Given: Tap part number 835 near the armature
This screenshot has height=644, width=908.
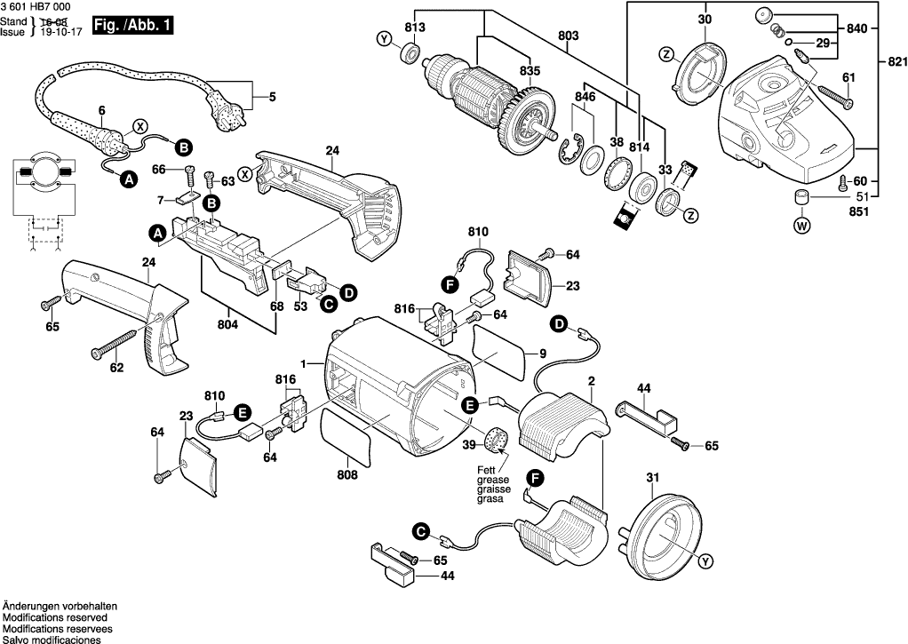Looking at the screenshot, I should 530,71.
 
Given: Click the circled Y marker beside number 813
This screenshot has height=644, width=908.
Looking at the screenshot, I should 384,39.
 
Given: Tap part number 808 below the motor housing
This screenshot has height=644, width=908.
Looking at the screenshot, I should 346,475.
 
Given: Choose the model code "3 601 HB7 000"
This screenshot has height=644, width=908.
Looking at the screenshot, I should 38,6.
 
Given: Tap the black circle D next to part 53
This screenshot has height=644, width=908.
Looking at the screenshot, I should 347,292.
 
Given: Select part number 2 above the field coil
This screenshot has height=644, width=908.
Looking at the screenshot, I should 591,382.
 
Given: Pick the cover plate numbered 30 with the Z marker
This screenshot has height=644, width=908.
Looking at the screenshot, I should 700,70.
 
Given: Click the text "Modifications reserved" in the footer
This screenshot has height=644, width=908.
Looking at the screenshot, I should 55,617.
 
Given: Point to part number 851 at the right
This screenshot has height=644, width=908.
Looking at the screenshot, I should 859,212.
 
